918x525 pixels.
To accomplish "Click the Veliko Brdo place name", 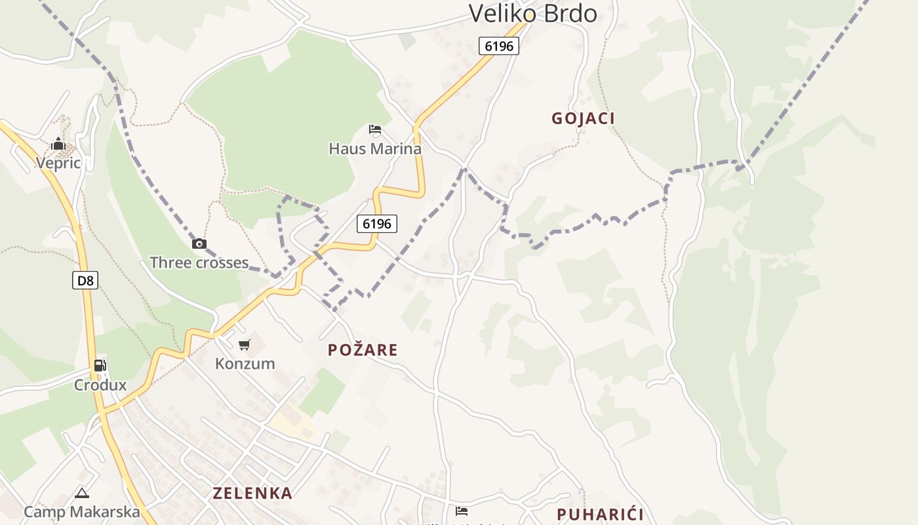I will tap(532, 13).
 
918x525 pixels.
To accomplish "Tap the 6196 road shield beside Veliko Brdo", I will tap(499, 46).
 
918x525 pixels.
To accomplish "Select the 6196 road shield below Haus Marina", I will tap(377, 224).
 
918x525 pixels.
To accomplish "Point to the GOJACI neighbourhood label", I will tap(583, 119).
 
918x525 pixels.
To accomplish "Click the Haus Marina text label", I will tap(374, 149).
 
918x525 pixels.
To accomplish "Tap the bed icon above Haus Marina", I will tap(374, 129).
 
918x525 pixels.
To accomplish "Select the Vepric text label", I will tap(58, 163).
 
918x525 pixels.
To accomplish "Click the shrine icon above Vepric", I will tap(58, 144).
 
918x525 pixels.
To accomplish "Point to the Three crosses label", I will tap(199, 263).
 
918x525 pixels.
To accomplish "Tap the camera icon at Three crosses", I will tap(199, 244).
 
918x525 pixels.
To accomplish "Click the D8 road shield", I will tap(85, 281).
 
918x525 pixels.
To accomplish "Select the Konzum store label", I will tap(245, 364).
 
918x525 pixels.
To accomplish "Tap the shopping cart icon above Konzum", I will tap(245, 345).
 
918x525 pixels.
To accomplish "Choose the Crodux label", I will tap(100, 385).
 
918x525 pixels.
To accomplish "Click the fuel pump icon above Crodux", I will tap(100, 366).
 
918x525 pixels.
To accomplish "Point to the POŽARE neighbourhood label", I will tap(363, 350).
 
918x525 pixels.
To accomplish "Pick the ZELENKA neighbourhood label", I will tap(252, 493).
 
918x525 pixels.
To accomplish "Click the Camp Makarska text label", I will tap(82, 512).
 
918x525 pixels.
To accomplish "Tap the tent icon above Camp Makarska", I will tap(82, 493).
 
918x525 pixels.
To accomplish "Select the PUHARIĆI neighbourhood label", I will tap(600, 514).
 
